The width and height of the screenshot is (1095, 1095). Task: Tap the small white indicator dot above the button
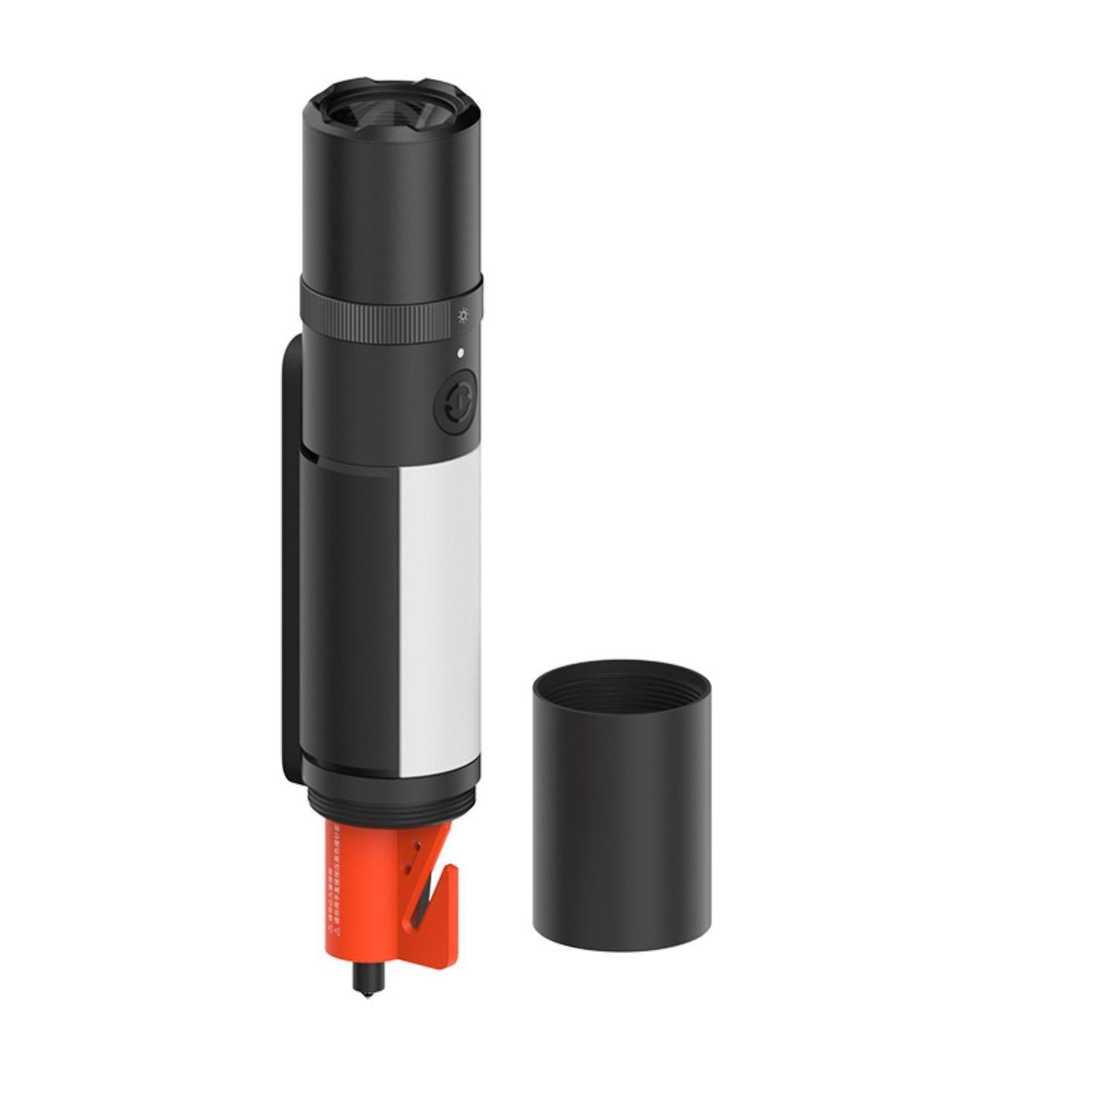pyautogui.click(x=460, y=353)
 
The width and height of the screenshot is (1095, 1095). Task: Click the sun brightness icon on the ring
pyautogui.click(x=463, y=316)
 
